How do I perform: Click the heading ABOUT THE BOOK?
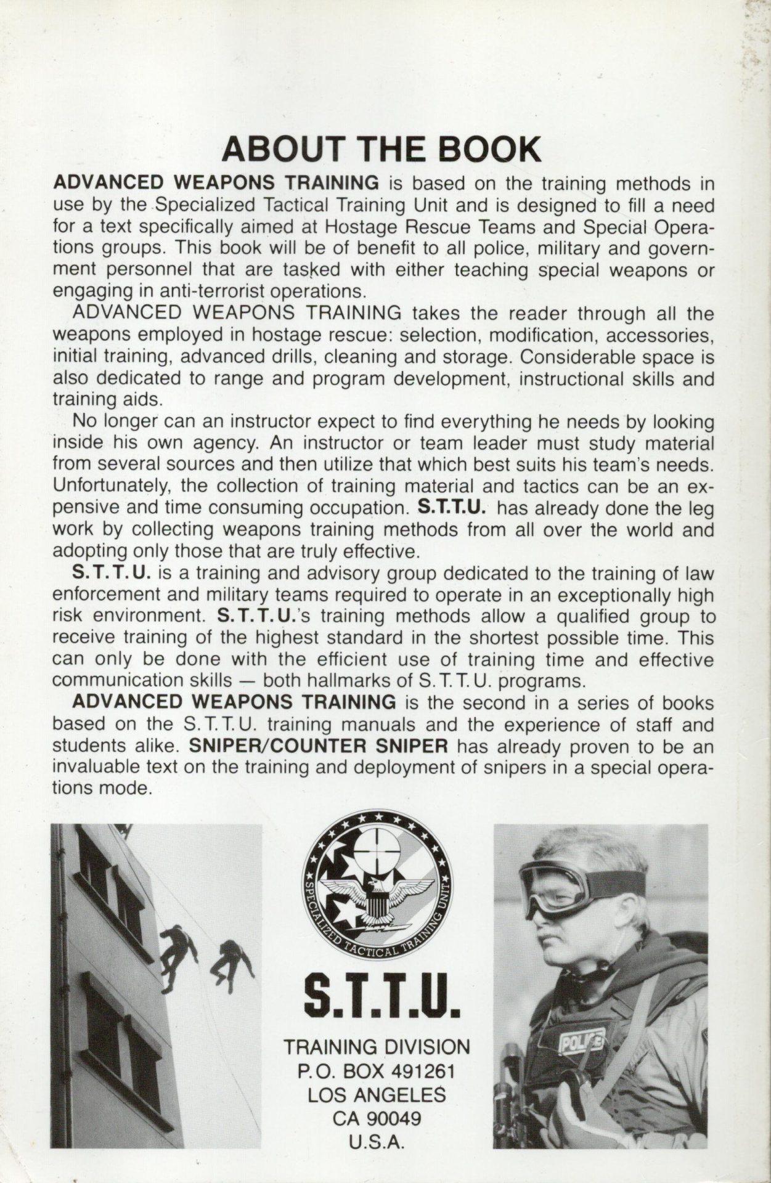coord(381,150)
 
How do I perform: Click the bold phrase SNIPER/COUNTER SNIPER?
coord(318,746)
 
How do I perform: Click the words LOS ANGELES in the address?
coord(377,1094)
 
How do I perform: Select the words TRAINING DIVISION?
coord(376,1047)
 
